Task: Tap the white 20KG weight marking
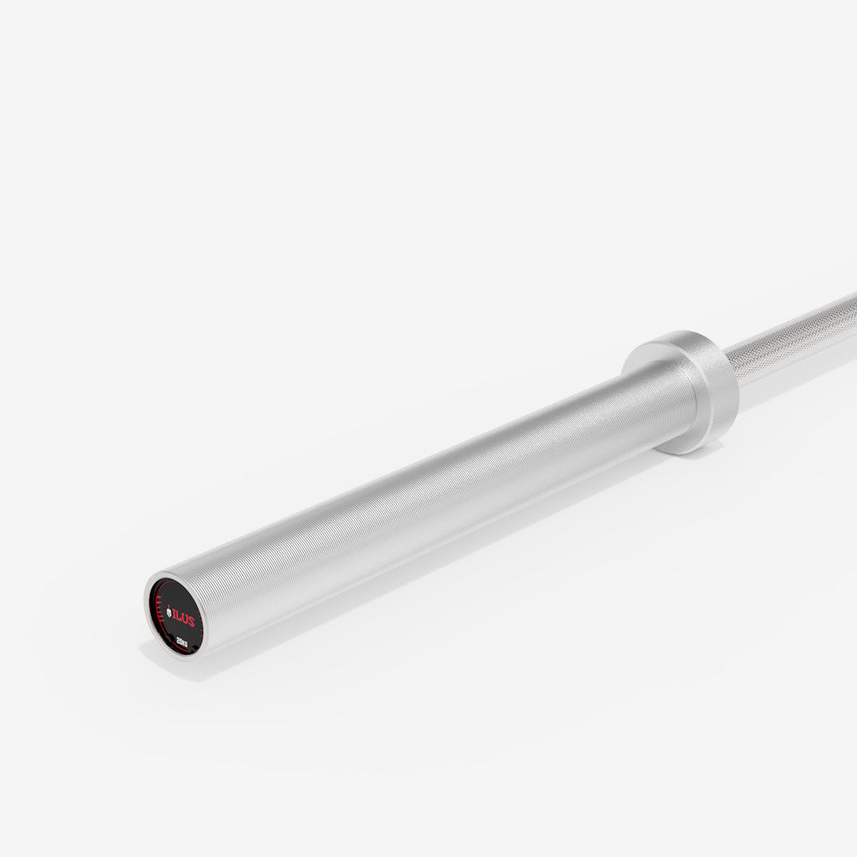click(182, 641)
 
